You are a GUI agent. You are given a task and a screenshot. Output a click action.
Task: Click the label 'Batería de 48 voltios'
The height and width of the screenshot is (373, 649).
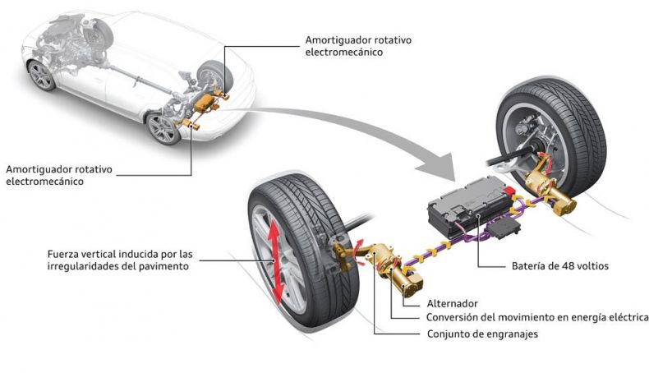point(560,265)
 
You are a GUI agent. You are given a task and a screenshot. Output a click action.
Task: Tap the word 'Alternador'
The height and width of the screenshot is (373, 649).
point(452,303)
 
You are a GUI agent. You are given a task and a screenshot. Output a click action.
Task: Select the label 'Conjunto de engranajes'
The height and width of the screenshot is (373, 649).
point(482,334)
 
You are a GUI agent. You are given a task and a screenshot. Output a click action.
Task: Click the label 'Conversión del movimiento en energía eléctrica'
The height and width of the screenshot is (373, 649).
point(537,317)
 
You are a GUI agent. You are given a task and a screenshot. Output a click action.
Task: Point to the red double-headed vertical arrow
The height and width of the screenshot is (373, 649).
point(274,261)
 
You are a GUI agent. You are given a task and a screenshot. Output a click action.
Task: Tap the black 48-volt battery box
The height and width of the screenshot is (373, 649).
point(469,204)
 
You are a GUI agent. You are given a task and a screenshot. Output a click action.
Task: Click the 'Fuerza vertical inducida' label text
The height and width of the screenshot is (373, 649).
point(120,260)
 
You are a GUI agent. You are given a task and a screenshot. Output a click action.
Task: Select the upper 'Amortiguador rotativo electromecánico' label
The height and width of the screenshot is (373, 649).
point(358,46)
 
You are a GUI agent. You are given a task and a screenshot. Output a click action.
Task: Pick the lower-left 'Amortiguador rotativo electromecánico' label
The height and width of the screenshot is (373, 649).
point(59,175)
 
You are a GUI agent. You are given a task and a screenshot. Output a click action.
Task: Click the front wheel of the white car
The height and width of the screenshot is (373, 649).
point(41,76)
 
